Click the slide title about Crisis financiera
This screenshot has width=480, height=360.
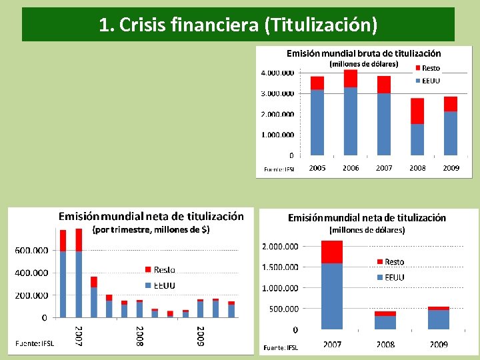tap(238, 25)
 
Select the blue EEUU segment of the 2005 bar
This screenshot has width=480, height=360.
tap(317, 123)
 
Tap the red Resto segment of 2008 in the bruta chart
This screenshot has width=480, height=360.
tap(417, 111)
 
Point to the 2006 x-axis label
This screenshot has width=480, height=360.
tap(351, 168)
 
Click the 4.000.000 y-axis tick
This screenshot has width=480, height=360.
tap(277, 73)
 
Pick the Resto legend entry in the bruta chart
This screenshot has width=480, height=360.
tap(427, 68)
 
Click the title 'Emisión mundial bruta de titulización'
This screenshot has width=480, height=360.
tap(363, 53)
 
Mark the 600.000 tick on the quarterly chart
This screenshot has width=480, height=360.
tap(31, 251)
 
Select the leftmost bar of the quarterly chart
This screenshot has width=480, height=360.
tap(63, 273)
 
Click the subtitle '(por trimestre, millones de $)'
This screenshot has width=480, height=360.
tap(151, 230)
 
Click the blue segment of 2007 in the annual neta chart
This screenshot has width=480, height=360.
tap(331, 296)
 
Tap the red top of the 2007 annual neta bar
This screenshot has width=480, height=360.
tap(331, 252)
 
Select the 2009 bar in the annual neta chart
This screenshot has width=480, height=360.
tap(438, 318)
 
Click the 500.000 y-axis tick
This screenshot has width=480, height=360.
tap(284, 309)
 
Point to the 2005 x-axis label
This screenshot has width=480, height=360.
tap(317, 168)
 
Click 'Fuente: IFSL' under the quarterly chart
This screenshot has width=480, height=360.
tap(35, 343)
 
